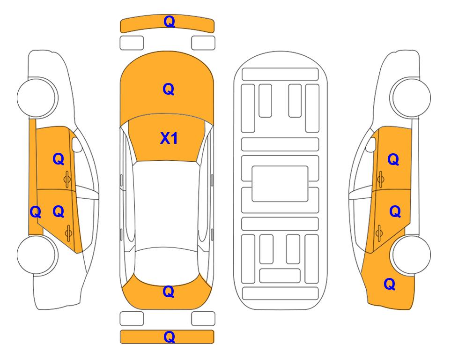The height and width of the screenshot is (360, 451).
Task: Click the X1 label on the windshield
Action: [x=169, y=138]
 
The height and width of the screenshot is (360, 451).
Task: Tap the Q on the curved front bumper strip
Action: [x=169, y=22]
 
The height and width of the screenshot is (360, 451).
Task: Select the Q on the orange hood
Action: [x=169, y=89]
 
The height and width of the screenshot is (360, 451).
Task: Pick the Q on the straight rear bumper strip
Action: [x=169, y=337]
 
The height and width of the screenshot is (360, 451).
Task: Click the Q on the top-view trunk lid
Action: [x=169, y=292]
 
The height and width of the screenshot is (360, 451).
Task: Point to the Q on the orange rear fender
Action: [x=390, y=284]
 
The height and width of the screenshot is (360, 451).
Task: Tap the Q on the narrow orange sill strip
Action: [x=36, y=212]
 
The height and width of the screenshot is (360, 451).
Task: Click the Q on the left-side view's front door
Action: [x=59, y=159]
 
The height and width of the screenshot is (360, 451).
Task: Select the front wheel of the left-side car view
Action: [x=37, y=97]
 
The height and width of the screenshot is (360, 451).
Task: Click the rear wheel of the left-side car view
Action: [x=37, y=255]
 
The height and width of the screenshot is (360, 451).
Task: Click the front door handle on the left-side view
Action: [x=67, y=179]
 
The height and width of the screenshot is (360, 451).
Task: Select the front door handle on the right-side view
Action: [x=380, y=179]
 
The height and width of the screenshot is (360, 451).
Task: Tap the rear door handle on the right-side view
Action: [x=379, y=232]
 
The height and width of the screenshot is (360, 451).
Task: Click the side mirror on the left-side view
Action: [x=76, y=144]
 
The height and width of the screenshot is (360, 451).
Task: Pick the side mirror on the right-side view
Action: [x=371, y=144]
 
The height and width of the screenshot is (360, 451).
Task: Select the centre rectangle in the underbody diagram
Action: [x=280, y=184]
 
